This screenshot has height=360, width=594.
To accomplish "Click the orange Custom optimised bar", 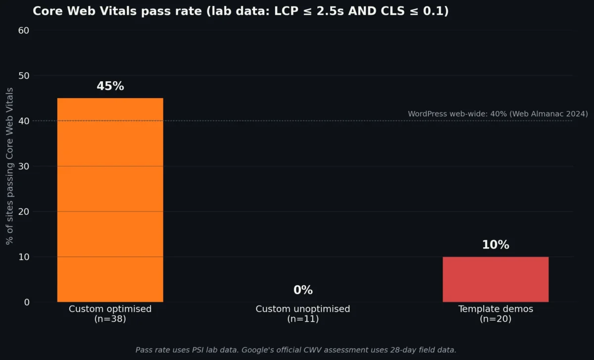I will (110, 200).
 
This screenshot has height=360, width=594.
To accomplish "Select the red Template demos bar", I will (495, 279).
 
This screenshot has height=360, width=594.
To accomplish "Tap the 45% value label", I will (110, 86).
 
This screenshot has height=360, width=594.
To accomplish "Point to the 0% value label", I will (303, 290).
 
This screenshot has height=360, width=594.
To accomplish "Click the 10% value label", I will (495, 245).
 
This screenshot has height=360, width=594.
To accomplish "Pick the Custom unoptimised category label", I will (303, 309).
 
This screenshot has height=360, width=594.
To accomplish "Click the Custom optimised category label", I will (110, 309).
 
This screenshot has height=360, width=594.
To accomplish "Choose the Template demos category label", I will (495, 309).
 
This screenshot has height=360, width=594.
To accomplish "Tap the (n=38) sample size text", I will (110, 319).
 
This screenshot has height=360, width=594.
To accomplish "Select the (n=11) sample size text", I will (303, 319).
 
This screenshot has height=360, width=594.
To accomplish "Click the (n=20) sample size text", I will (495, 319).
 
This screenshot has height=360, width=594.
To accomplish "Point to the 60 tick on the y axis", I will (24, 30).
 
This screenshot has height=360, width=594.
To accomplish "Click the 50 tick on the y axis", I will (24, 76).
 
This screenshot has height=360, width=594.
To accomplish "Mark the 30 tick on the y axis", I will (24, 166).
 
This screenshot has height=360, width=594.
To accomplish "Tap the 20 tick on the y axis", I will (24, 212).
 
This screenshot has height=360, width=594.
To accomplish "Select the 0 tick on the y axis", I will (26, 303).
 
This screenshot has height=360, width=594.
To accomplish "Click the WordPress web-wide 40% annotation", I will (497, 114).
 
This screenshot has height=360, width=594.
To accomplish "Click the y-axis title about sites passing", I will (10, 166).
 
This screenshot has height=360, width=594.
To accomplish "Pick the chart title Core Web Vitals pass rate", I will (241, 11).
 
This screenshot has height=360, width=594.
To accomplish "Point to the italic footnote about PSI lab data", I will (296, 350).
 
